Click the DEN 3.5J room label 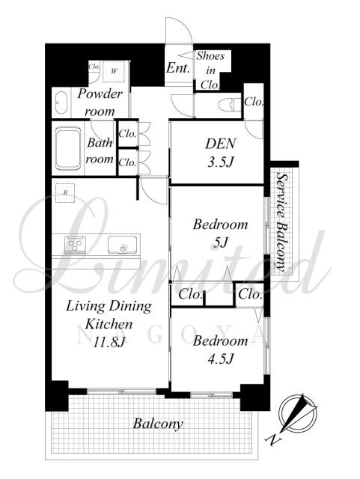pyautogui.click(x=221, y=153)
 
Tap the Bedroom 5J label pyautogui.click(x=220, y=234)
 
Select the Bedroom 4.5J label pyautogui.click(x=220, y=350)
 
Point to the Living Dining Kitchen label pyautogui.click(x=109, y=323)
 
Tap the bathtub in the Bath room pyautogui.click(x=68, y=148)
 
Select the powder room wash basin pyautogui.click(x=61, y=103)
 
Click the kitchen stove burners pyautogui.click(x=75, y=245)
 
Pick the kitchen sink pyautogui.click(x=122, y=245)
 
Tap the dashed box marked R pyautogui.click(x=65, y=193)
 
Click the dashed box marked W pyautogui.click(x=114, y=72)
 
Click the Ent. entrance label pyautogui.click(x=178, y=68)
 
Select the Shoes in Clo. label pyautogui.click(x=210, y=70)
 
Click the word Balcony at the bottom pyautogui.click(x=158, y=424)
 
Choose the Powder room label pyautogui.click(x=100, y=103)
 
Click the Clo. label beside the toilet pyautogui.click(x=254, y=102)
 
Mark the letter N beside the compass pyautogui.click(x=274, y=440)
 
